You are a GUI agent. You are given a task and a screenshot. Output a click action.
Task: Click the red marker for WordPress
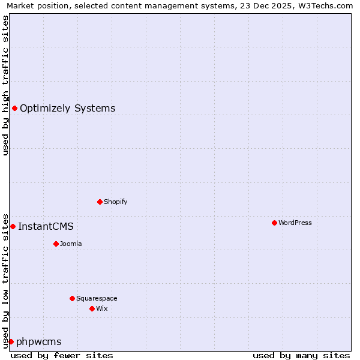[x=274, y=223]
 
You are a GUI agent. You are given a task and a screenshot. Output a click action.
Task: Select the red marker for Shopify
[x=100, y=202]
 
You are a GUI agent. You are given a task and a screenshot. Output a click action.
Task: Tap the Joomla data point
[x=56, y=244]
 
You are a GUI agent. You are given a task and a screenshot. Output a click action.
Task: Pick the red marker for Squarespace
[x=72, y=298]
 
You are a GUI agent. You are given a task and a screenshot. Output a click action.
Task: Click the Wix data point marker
[x=92, y=308]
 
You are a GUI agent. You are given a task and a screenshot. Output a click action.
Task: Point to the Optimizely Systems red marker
[x=14, y=108]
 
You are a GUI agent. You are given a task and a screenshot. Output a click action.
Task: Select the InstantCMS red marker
[x=13, y=226]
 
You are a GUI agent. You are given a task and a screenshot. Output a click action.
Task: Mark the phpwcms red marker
[x=11, y=341]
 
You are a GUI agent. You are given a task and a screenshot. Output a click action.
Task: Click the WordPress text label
[x=295, y=223]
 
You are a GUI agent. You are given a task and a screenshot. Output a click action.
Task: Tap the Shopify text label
[x=116, y=202]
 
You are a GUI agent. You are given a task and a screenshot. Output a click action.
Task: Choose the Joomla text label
[x=71, y=244]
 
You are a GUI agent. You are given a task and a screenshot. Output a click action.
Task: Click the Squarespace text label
[x=97, y=298]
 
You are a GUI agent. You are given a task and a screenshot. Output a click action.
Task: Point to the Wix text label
[x=102, y=308]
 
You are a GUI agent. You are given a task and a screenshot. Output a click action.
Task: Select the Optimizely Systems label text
[x=68, y=109]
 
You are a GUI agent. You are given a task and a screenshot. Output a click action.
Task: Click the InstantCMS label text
[x=46, y=227]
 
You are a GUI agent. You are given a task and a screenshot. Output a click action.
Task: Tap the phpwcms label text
[x=39, y=342]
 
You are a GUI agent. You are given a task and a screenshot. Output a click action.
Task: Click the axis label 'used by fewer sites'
[x=62, y=355]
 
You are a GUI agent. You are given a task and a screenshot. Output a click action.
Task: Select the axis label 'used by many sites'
[x=301, y=355]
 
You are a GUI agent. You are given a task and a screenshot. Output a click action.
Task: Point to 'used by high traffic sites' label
[x=5, y=85]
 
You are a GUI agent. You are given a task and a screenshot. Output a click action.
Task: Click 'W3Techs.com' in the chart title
[x=325, y=6]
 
